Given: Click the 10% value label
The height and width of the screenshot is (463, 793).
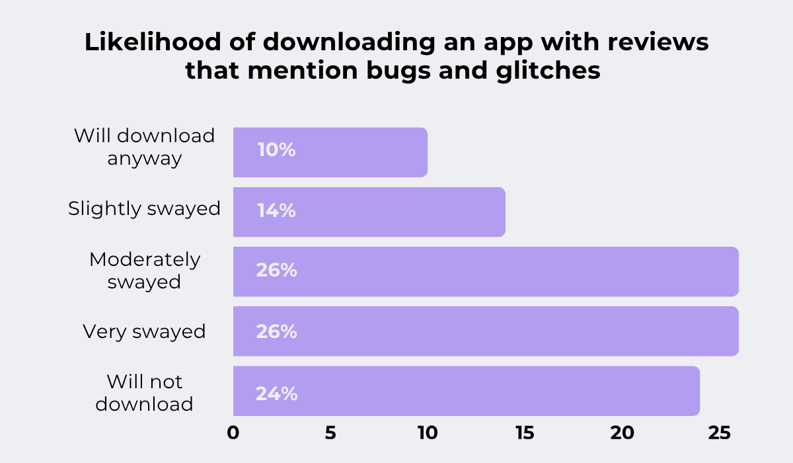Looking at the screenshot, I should [x=276, y=150].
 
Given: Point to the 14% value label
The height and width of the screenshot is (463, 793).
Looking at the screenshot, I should [x=276, y=211].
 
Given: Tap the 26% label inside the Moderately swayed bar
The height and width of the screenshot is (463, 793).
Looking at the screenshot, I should [x=276, y=271].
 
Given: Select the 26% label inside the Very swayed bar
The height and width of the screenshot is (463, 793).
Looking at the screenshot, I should [x=276, y=331].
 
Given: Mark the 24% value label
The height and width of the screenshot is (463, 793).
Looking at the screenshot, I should [x=276, y=394].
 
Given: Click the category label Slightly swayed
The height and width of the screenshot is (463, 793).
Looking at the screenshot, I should [x=144, y=209].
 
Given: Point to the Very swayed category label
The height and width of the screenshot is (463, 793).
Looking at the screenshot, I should [x=144, y=331].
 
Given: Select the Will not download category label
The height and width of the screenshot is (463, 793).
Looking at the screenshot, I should [x=144, y=392].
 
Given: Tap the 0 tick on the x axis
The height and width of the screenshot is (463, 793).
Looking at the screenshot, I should [x=233, y=433].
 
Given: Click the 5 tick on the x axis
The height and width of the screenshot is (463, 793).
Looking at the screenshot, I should [x=330, y=433].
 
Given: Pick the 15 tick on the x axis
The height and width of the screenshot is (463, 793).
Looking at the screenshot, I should [x=525, y=433].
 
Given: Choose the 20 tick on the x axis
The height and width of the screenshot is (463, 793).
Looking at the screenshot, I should [x=622, y=433].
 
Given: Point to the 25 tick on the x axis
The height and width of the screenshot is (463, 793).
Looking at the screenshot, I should [x=719, y=433].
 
